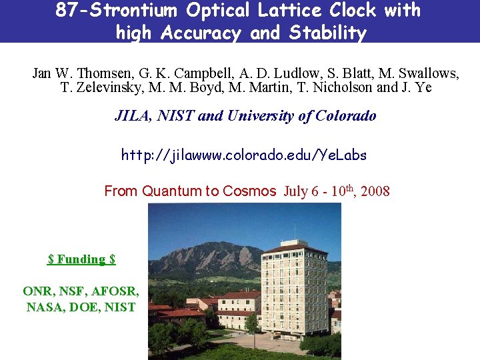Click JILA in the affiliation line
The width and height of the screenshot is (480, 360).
coord(132,116)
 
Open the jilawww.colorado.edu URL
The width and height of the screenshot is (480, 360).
coord(243,155)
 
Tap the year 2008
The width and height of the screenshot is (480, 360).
coord(375,192)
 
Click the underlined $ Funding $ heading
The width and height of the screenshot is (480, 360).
coord(81,259)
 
